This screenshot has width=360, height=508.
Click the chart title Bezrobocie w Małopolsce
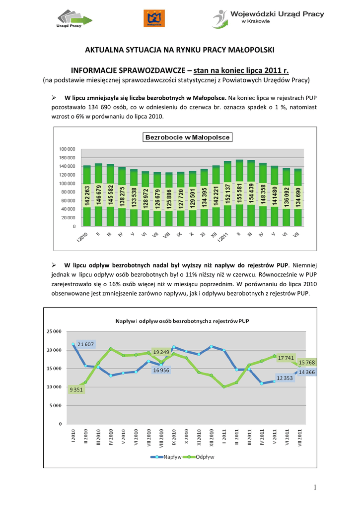click(x=183, y=137)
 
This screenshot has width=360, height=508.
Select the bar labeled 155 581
click(x=239, y=193)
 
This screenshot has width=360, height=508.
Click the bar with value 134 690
click(x=297, y=197)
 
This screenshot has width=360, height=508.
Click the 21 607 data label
click(x=86, y=344)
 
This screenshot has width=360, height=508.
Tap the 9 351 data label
click(x=76, y=389)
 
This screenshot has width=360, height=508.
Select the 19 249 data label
click(x=161, y=352)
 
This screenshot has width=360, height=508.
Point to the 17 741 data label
click(x=287, y=358)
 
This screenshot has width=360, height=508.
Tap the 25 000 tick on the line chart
click(x=54, y=331)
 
